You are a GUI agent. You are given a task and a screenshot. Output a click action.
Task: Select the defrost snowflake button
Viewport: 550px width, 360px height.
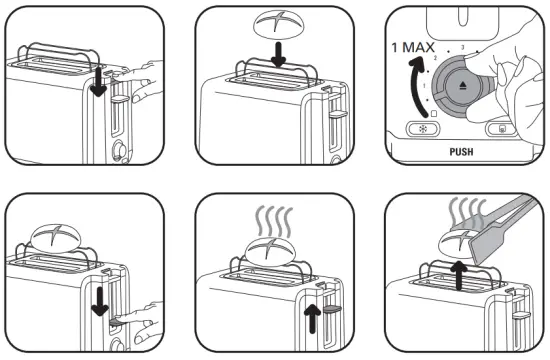pyautogui.click(x=420, y=129)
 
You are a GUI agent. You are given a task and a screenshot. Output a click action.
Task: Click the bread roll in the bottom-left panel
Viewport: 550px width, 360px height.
pyautogui.click(x=58, y=238)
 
